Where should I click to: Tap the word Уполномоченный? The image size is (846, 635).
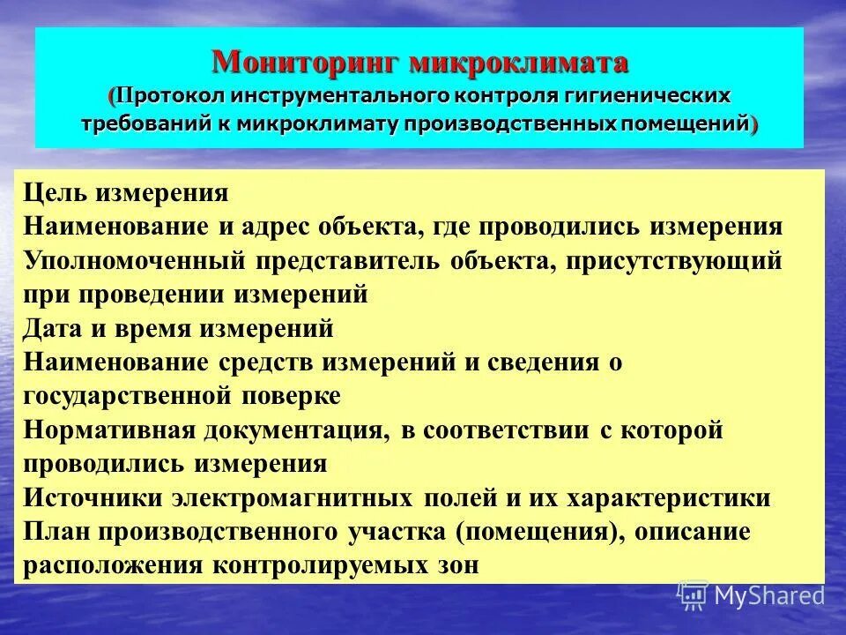click(x=134, y=261)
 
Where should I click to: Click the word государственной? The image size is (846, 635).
click(x=127, y=396)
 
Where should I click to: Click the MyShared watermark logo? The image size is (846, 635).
click(x=751, y=594)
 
